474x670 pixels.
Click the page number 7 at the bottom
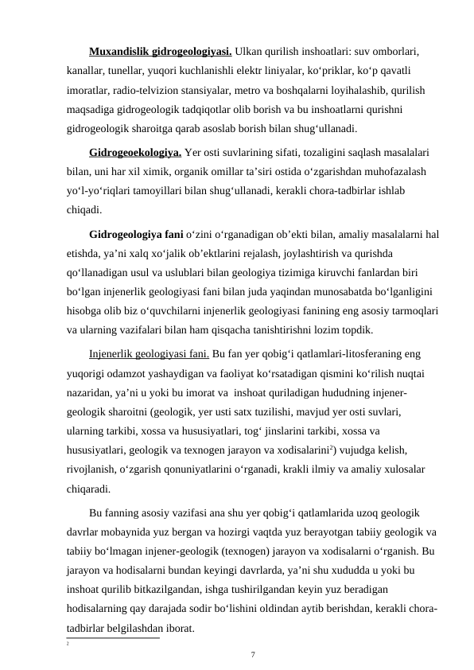253,656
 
